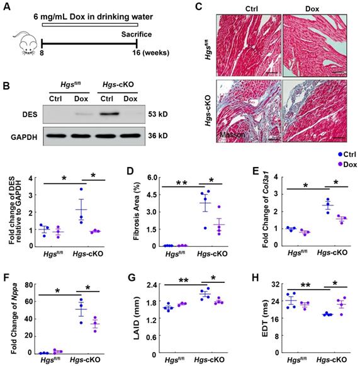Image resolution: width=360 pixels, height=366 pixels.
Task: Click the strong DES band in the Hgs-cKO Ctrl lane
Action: [109, 114]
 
